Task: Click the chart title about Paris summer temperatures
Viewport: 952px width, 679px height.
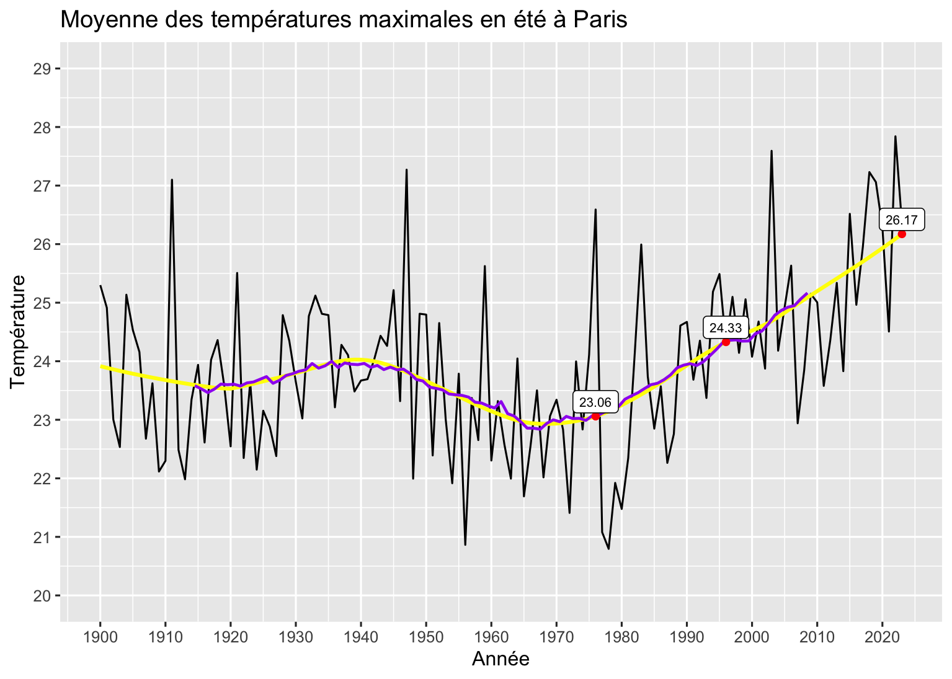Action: click(344, 20)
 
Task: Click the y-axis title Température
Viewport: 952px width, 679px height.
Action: click(19, 332)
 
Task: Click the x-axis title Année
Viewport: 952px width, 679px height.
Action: click(500, 659)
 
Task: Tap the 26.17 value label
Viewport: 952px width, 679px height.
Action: click(901, 220)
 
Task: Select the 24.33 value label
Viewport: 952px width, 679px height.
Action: click(725, 328)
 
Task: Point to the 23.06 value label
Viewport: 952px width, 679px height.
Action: click(595, 402)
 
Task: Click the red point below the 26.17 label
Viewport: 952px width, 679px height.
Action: click(902, 234)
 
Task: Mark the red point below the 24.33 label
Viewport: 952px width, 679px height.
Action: click(726, 342)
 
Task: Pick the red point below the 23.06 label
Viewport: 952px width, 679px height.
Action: click(595, 416)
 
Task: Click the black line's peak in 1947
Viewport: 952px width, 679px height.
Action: click(406, 169)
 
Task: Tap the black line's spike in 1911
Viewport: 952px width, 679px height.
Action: click(172, 180)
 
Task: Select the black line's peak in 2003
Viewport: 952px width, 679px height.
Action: click(772, 151)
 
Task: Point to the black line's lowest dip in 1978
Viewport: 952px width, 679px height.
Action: click(608, 549)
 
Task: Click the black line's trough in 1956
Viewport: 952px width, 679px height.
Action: click(465, 544)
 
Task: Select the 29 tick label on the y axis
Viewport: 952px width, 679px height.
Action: click(42, 68)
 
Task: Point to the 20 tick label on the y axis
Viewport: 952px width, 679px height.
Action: click(42, 596)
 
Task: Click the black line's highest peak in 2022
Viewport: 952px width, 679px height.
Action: click(895, 136)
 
